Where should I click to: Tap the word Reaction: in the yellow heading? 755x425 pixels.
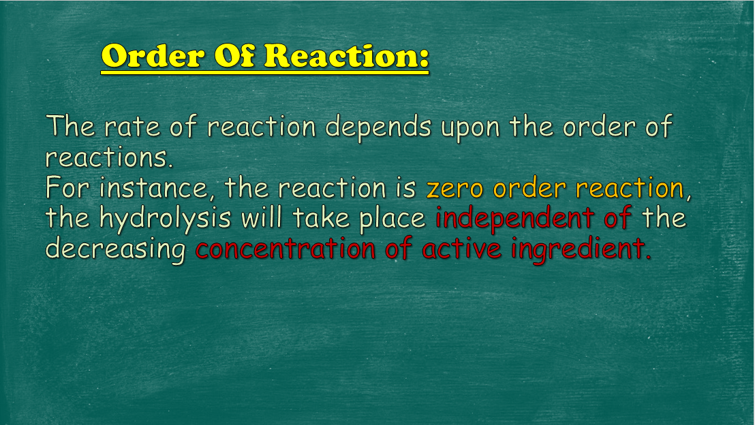347,56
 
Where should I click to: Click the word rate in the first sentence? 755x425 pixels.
132,127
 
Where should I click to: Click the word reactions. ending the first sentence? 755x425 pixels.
109,158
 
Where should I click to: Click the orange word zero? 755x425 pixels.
454,188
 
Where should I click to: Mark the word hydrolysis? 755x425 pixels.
165,218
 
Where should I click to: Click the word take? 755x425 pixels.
321,217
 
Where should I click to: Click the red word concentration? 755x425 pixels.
286,249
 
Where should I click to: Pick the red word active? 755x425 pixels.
461,249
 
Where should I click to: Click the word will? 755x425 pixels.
262,217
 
